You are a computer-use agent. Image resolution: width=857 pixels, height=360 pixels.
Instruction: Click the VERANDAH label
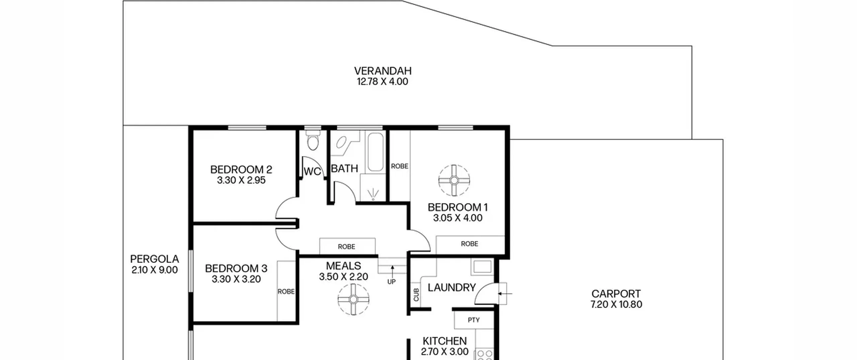383,71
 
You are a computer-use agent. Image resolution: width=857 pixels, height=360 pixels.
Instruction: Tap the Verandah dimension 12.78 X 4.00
383,82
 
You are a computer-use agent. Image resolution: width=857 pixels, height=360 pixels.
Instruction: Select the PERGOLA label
154,259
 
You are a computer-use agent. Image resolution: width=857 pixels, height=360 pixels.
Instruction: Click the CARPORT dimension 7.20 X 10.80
616,304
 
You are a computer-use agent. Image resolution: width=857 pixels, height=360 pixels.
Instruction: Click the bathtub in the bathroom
375,152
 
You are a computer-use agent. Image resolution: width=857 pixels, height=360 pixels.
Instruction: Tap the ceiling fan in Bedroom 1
454,180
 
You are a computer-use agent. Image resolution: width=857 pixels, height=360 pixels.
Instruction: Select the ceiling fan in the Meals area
353,299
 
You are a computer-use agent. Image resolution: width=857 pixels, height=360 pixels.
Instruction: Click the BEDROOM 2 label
241,169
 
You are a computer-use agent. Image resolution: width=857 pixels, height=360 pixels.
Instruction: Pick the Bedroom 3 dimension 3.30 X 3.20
236,279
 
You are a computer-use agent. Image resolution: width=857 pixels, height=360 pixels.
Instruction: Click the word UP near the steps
391,282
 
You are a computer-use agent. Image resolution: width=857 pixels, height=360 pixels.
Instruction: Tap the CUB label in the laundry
416,295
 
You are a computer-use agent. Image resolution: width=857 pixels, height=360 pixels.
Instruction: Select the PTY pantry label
474,320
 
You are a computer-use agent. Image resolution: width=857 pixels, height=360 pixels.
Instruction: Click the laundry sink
482,267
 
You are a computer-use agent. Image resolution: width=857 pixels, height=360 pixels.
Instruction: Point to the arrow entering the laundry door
505,294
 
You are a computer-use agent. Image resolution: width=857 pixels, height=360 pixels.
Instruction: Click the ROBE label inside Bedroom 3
286,292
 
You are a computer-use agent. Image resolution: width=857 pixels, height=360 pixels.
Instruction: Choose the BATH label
344,168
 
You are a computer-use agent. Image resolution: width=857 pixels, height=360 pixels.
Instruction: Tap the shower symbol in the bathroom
373,194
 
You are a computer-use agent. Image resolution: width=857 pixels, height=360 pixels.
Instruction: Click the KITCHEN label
445,341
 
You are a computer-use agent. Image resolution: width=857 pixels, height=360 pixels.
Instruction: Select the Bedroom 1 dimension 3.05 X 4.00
458,218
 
